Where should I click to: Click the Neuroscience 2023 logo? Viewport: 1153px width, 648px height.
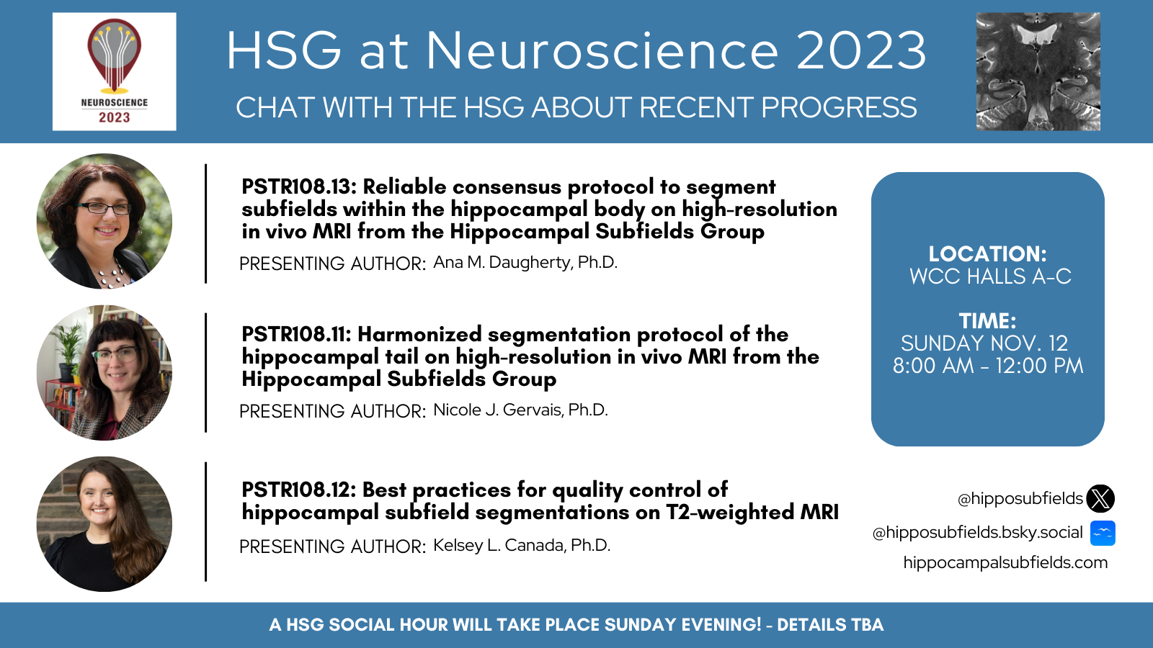(115, 71)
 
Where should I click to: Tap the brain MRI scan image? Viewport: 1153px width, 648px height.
(1038, 71)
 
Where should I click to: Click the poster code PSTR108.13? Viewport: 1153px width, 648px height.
(299, 186)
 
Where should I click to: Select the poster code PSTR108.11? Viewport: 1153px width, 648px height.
(296, 334)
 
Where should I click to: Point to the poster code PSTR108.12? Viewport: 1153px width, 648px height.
(298, 490)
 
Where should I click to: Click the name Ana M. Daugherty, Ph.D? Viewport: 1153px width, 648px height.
(525, 262)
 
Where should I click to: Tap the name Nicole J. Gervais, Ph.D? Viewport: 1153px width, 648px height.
(520, 410)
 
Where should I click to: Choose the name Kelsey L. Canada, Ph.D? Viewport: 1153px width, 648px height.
(522, 545)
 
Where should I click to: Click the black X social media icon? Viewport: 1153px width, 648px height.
(1100, 498)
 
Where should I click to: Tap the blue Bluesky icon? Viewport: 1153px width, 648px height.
(1103, 533)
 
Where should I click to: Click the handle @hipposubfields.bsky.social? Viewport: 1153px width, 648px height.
(977, 533)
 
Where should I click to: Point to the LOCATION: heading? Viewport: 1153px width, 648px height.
(988, 254)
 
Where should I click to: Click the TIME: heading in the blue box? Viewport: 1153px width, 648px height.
(988, 321)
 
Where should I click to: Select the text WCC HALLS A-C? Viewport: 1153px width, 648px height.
(990, 276)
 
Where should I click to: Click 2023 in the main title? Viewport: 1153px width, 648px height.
(861, 50)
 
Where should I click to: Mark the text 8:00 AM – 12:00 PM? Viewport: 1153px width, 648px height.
(988, 366)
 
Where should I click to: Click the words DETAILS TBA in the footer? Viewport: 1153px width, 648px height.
(830, 625)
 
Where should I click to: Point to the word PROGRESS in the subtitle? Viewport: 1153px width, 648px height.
(839, 107)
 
